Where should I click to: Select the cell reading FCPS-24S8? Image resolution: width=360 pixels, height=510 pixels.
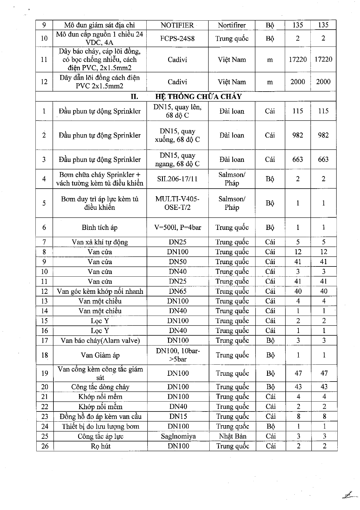coord(177,38)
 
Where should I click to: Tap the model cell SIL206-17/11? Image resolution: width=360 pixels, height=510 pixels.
coord(177,179)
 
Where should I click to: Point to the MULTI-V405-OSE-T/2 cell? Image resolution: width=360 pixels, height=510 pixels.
coord(177,203)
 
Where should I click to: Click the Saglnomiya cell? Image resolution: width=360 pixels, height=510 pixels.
coord(178,436)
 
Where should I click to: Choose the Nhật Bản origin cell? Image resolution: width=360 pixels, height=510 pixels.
coord(232,436)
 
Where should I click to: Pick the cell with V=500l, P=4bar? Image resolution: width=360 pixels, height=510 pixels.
coord(178,227)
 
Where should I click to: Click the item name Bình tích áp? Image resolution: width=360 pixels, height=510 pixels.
coord(100,227)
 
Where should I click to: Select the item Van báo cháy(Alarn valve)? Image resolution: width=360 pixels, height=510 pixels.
coord(100,340)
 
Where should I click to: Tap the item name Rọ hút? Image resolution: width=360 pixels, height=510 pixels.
coord(100,446)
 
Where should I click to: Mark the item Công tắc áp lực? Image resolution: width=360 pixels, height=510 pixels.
coord(100,436)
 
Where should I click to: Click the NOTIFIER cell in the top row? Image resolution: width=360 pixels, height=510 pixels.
coord(177,25)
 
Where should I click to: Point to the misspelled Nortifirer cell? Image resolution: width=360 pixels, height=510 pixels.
coord(232,25)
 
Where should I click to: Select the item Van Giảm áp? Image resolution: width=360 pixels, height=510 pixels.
coord(100,355)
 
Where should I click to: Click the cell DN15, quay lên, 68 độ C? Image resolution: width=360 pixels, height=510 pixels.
coord(177,111)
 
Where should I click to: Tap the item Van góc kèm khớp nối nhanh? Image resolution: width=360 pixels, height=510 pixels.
coord(100,291)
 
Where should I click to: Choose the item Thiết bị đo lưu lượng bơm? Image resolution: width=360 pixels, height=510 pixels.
coord(100,426)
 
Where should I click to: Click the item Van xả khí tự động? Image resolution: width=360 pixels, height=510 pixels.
coord(100,242)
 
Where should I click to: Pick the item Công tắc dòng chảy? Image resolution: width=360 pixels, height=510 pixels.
coord(100,387)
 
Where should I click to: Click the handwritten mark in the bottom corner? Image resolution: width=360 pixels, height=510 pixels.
coord(349,494)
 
